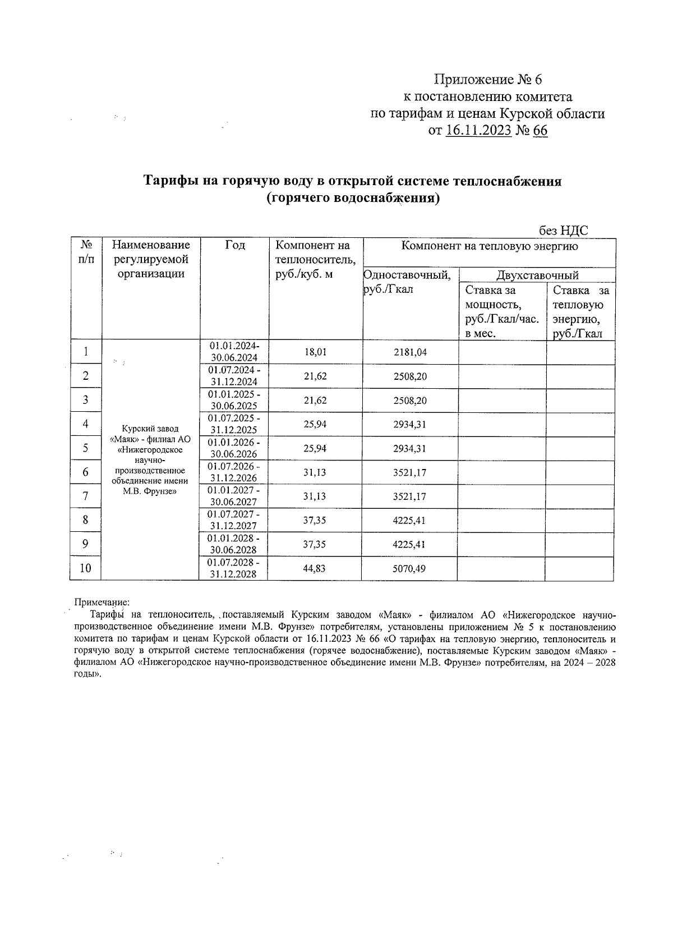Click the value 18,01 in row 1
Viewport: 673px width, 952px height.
[315, 352]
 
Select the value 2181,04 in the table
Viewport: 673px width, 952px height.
[410, 352]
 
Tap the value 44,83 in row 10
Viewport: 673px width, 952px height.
[315, 568]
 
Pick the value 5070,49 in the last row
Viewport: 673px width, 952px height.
[409, 568]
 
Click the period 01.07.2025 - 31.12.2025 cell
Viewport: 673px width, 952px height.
[234, 424]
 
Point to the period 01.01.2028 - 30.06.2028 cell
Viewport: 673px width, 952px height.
[233, 544]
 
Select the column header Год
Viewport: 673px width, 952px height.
[235, 245]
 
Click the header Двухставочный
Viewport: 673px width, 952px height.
[537, 275]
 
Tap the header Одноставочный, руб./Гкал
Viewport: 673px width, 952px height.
[408, 282]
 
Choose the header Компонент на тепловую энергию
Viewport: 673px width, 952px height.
[489, 246]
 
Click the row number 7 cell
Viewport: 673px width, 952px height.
[85, 496]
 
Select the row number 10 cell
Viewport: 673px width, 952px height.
[85, 568]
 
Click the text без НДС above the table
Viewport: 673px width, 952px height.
[563, 231]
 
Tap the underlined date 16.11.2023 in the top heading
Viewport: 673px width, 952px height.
[478, 131]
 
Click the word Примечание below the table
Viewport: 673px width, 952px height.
[102, 603]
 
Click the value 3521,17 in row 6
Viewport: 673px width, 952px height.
[410, 472]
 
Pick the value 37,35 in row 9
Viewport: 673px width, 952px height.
[315, 544]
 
